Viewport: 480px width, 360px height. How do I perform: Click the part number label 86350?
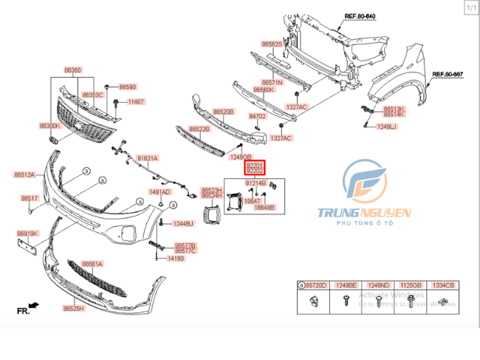coord(72,70)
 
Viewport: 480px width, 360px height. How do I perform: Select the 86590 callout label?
coord(128,86)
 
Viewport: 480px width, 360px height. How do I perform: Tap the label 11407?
coord(136,102)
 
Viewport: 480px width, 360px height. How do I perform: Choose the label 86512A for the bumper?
coord(24,175)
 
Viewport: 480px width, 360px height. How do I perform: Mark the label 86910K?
coord(27,234)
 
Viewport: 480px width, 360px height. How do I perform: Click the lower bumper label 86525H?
coord(74,308)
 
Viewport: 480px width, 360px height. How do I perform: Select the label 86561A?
coord(92,264)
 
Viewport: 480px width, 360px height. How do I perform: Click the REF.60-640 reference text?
coord(360,16)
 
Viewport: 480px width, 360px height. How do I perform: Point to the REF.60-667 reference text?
coord(447,74)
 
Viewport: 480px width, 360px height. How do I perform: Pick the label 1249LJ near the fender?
coord(387,127)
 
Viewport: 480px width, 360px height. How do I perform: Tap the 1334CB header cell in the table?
coord(444,285)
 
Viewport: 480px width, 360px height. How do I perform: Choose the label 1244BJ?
coord(182,223)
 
